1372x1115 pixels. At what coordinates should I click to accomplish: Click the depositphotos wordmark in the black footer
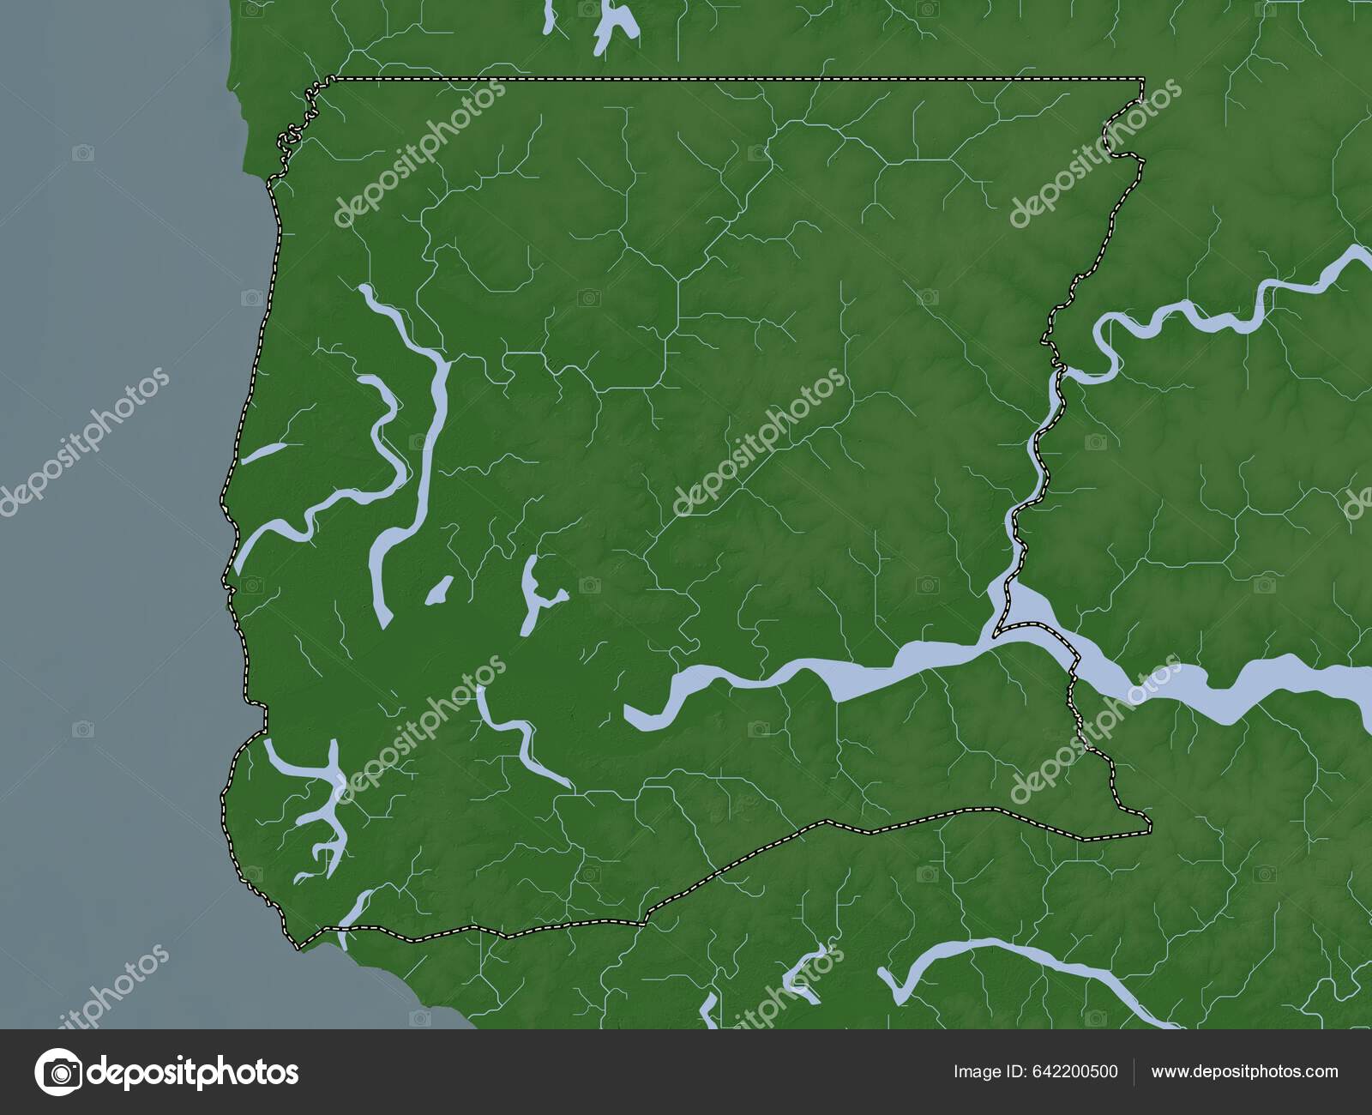(x=196, y=1072)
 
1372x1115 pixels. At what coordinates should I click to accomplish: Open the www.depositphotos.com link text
(x=1244, y=1071)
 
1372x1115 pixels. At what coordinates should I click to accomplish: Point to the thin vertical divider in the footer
(x=1134, y=1071)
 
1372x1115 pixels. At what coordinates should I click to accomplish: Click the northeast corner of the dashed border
(x=1142, y=79)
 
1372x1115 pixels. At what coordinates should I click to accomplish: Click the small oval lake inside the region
(x=439, y=590)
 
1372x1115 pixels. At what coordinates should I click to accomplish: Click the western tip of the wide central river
(x=630, y=714)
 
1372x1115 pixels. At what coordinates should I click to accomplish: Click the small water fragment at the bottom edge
(x=708, y=1012)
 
